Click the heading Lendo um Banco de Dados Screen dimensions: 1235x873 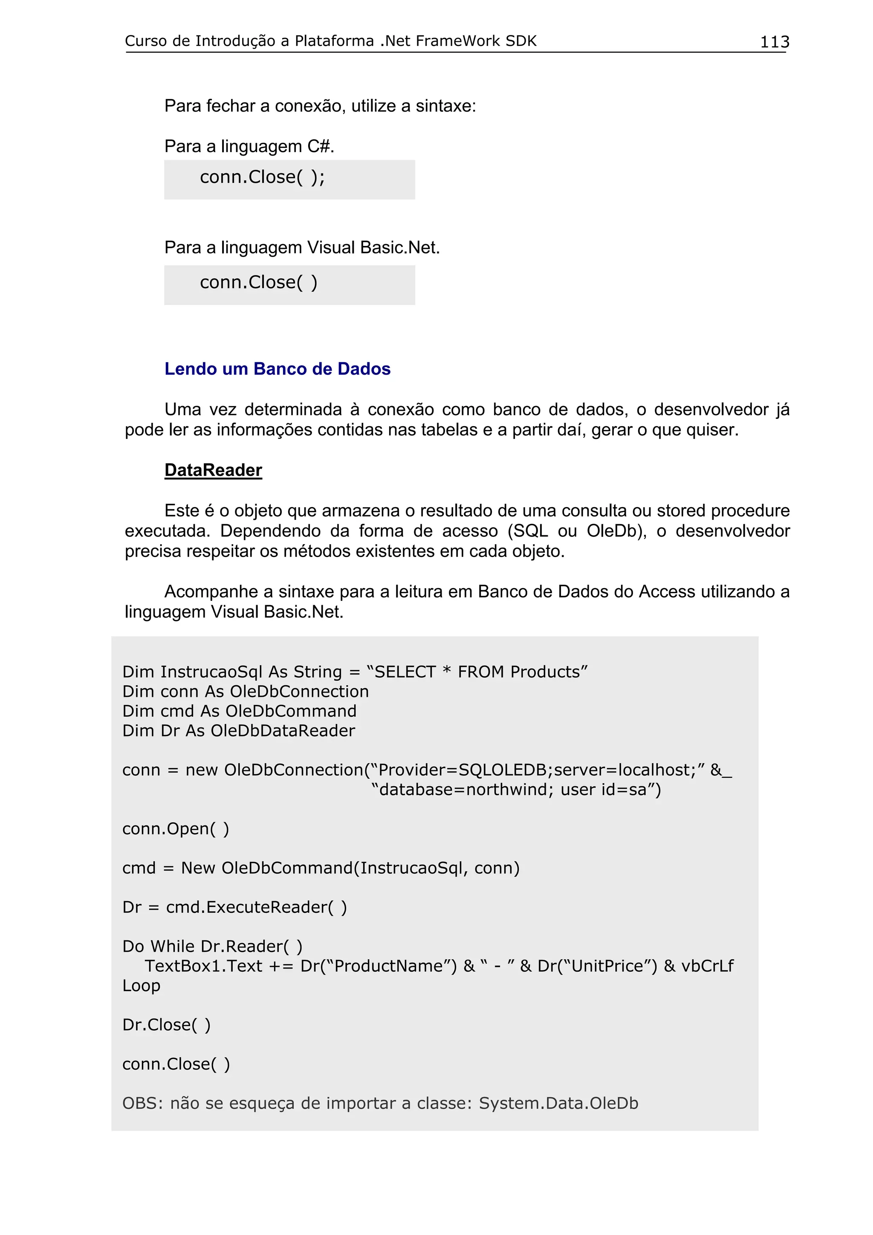pyautogui.click(x=277, y=369)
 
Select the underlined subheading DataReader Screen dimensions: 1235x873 pyautogui.click(x=213, y=470)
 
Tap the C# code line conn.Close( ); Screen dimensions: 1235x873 pyautogui.click(x=263, y=177)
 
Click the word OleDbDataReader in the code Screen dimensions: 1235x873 pyautogui.click(x=282, y=730)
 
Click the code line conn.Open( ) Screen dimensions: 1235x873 pyautogui.click(x=175, y=828)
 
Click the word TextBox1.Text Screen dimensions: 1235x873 pyautogui.click(x=203, y=966)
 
